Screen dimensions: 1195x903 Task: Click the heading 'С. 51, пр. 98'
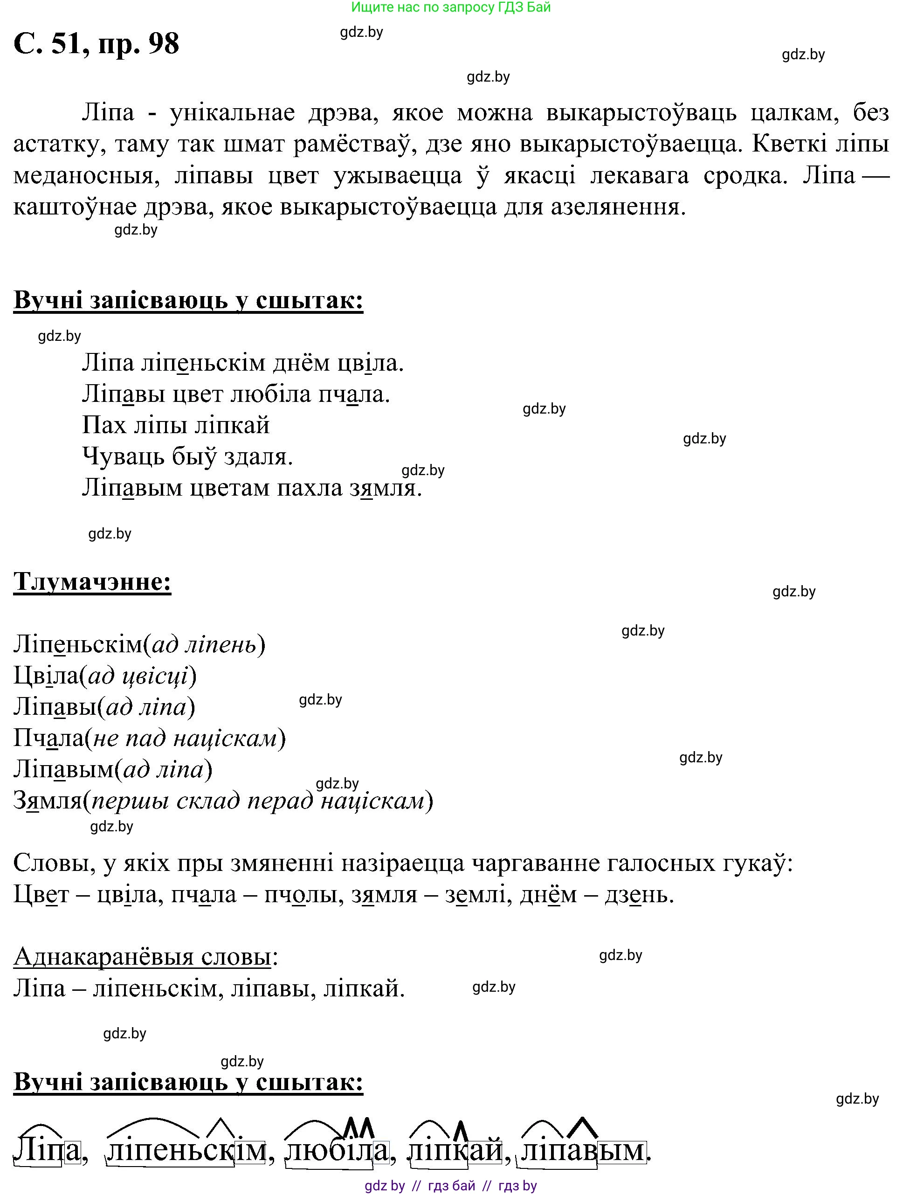pyautogui.click(x=96, y=43)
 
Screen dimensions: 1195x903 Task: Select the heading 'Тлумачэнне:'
pyautogui.click(x=92, y=582)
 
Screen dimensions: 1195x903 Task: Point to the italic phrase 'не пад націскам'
pyautogui.click(x=185, y=739)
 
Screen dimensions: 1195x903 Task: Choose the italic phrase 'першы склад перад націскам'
pyautogui.click(x=258, y=801)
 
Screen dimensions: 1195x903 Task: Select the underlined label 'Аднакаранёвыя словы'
pyautogui.click(x=142, y=957)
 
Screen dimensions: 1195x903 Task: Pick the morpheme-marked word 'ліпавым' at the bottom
pyautogui.click(x=583, y=1151)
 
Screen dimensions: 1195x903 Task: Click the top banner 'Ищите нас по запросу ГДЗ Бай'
pyautogui.click(x=451, y=7)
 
